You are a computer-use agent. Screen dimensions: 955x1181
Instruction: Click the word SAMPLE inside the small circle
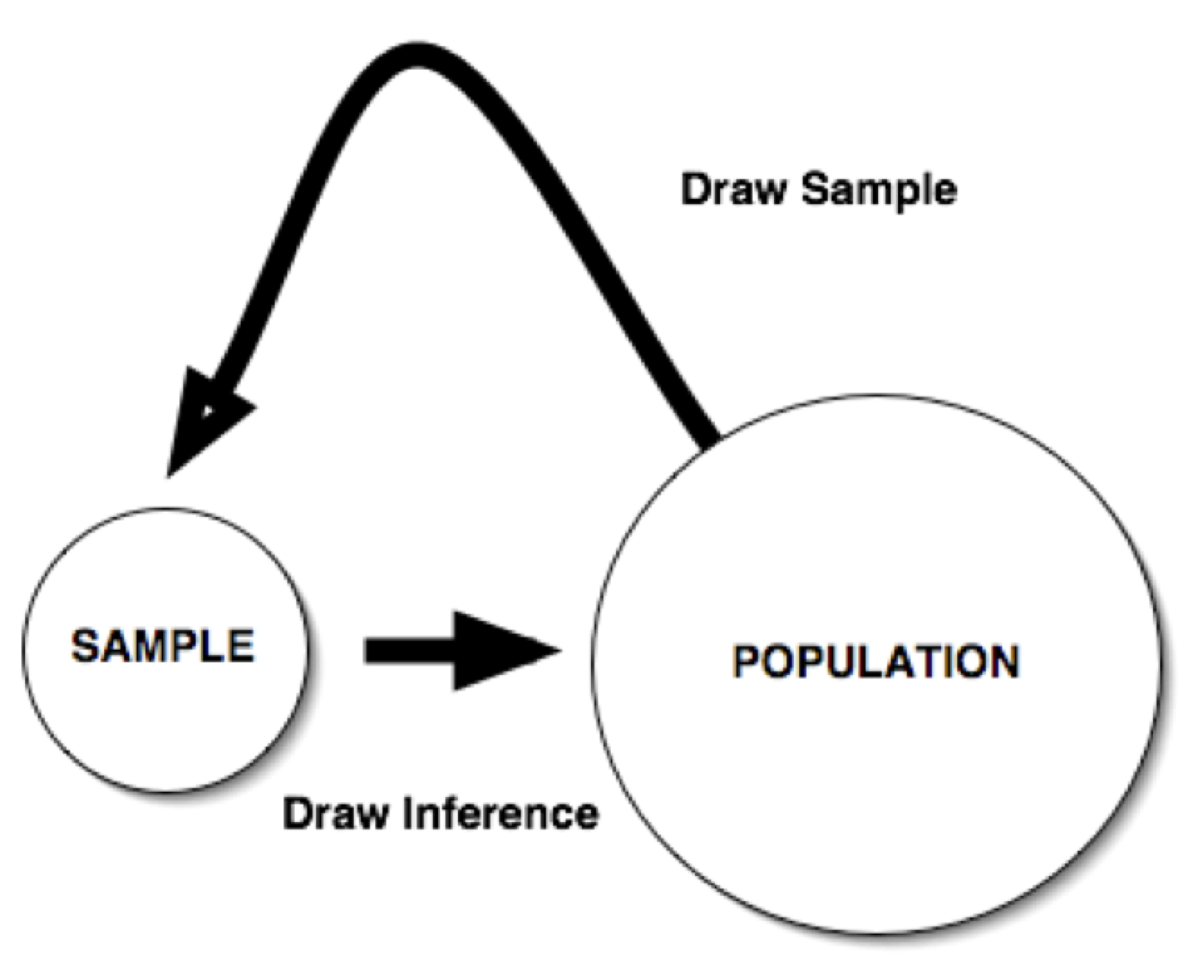[x=162, y=646]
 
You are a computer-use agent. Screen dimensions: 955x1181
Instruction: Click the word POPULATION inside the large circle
[x=876, y=661]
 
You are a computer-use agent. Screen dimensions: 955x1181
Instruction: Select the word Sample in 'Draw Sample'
[x=879, y=191]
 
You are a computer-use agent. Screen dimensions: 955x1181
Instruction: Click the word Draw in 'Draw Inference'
[x=336, y=813]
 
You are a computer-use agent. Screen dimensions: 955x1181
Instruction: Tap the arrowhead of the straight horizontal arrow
[x=502, y=651]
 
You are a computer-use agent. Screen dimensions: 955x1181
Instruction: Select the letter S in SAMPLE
[x=85, y=646]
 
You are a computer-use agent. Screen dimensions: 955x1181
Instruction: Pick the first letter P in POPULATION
[x=747, y=661]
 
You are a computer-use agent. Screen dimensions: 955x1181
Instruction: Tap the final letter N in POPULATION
[x=1003, y=661]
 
